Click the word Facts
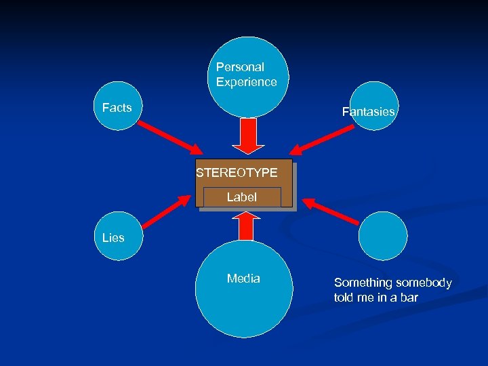point(117,108)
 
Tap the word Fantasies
point(368,112)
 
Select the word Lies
point(113,238)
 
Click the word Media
point(243,279)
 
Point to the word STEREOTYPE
point(237,173)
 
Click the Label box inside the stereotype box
point(242,197)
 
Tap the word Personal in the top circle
point(240,67)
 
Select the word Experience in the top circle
point(247,82)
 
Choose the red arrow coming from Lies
point(165,211)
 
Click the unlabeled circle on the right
point(383,236)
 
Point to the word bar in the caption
point(409,298)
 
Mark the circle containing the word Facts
point(119,106)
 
